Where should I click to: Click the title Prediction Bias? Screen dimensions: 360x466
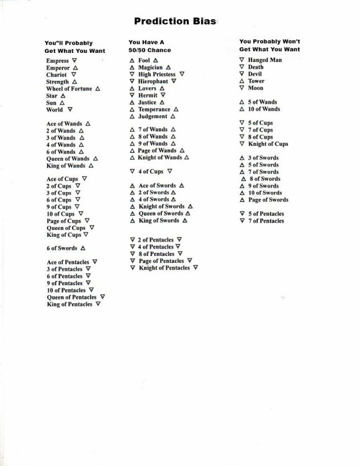tap(179, 22)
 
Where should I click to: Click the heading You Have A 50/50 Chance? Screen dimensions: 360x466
tap(149, 45)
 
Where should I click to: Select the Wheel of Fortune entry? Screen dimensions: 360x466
tap(69, 89)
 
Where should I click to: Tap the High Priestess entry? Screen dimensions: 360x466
tap(157, 74)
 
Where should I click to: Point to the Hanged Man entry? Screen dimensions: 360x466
tap(264, 60)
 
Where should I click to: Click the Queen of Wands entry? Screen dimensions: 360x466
tap(68, 158)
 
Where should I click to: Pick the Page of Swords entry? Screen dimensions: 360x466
tap(268, 200)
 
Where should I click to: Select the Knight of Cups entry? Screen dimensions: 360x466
tap(268, 144)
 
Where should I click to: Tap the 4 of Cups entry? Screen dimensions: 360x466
tap(151, 171)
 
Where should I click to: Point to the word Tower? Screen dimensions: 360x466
tap(256, 81)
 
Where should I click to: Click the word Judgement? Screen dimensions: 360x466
tap(153, 116)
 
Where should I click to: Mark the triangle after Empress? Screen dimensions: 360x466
tap(74, 61)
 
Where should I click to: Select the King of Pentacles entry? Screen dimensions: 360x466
tap(69, 304)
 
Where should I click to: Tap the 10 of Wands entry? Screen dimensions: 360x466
tap(264, 109)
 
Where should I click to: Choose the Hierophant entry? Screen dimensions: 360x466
tap(153, 81)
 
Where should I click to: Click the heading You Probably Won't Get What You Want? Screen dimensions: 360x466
tap(269, 45)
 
